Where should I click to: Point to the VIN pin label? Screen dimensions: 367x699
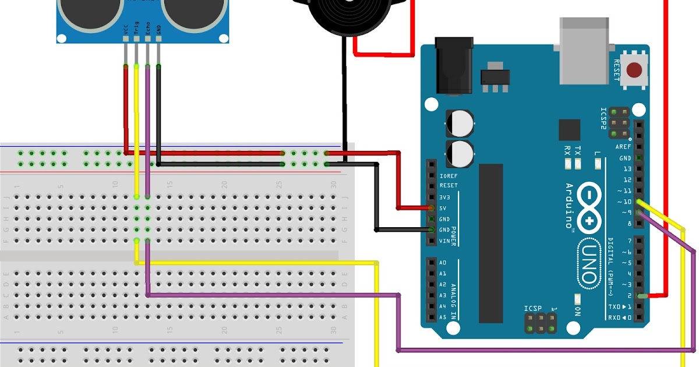pos(444,241)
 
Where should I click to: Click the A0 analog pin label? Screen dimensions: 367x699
pos(443,263)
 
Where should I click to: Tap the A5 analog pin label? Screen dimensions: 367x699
pos(443,317)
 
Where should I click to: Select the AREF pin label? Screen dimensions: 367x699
pos(623,147)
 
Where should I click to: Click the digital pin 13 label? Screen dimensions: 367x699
pos(627,169)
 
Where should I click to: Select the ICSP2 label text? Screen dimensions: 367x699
pos(604,119)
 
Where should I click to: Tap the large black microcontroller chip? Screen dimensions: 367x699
pos(490,242)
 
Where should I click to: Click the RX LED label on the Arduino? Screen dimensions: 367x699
pos(567,150)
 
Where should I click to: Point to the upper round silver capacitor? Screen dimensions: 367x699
pos(460,123)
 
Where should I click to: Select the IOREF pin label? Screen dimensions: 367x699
pos(449,175)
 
